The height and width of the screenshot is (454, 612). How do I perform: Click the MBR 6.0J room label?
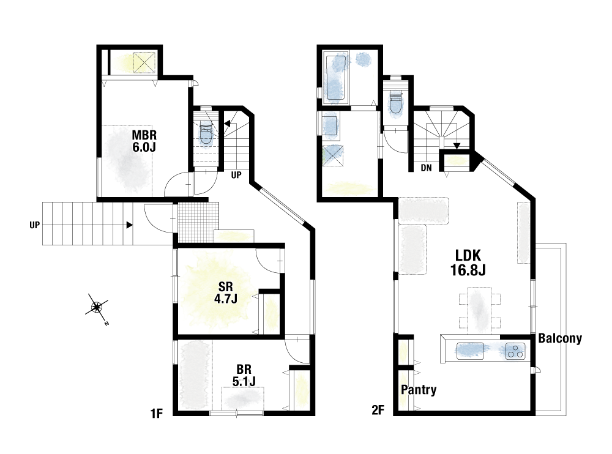click(144, 141)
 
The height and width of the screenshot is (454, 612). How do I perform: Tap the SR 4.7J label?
click(226, 293)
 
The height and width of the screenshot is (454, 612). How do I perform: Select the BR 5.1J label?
click(244, 375)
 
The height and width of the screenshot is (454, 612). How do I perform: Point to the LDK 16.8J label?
click(468, 262)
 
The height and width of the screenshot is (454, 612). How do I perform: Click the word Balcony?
click(560, 338)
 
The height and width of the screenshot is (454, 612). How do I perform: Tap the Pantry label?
click(419, 390)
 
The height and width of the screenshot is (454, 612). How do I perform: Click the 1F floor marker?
click(156, 413)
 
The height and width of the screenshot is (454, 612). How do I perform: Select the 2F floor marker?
click(378, 411)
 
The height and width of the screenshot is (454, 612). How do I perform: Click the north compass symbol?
click(97, 308)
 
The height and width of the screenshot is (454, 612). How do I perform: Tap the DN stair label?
click(426, 168)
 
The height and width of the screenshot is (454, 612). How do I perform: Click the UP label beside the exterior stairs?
click(34, 225)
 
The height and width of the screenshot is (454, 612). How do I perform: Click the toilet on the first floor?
click(206, 133)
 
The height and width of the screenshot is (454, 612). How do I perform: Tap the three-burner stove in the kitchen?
click(515, 351)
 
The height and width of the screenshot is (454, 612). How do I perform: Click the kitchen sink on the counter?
click(470, 351)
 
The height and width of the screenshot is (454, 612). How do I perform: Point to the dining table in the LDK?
click(479, 310)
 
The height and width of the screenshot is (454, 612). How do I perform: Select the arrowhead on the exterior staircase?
click(130, 225)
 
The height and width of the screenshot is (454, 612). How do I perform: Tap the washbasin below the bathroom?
click(330, 125)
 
